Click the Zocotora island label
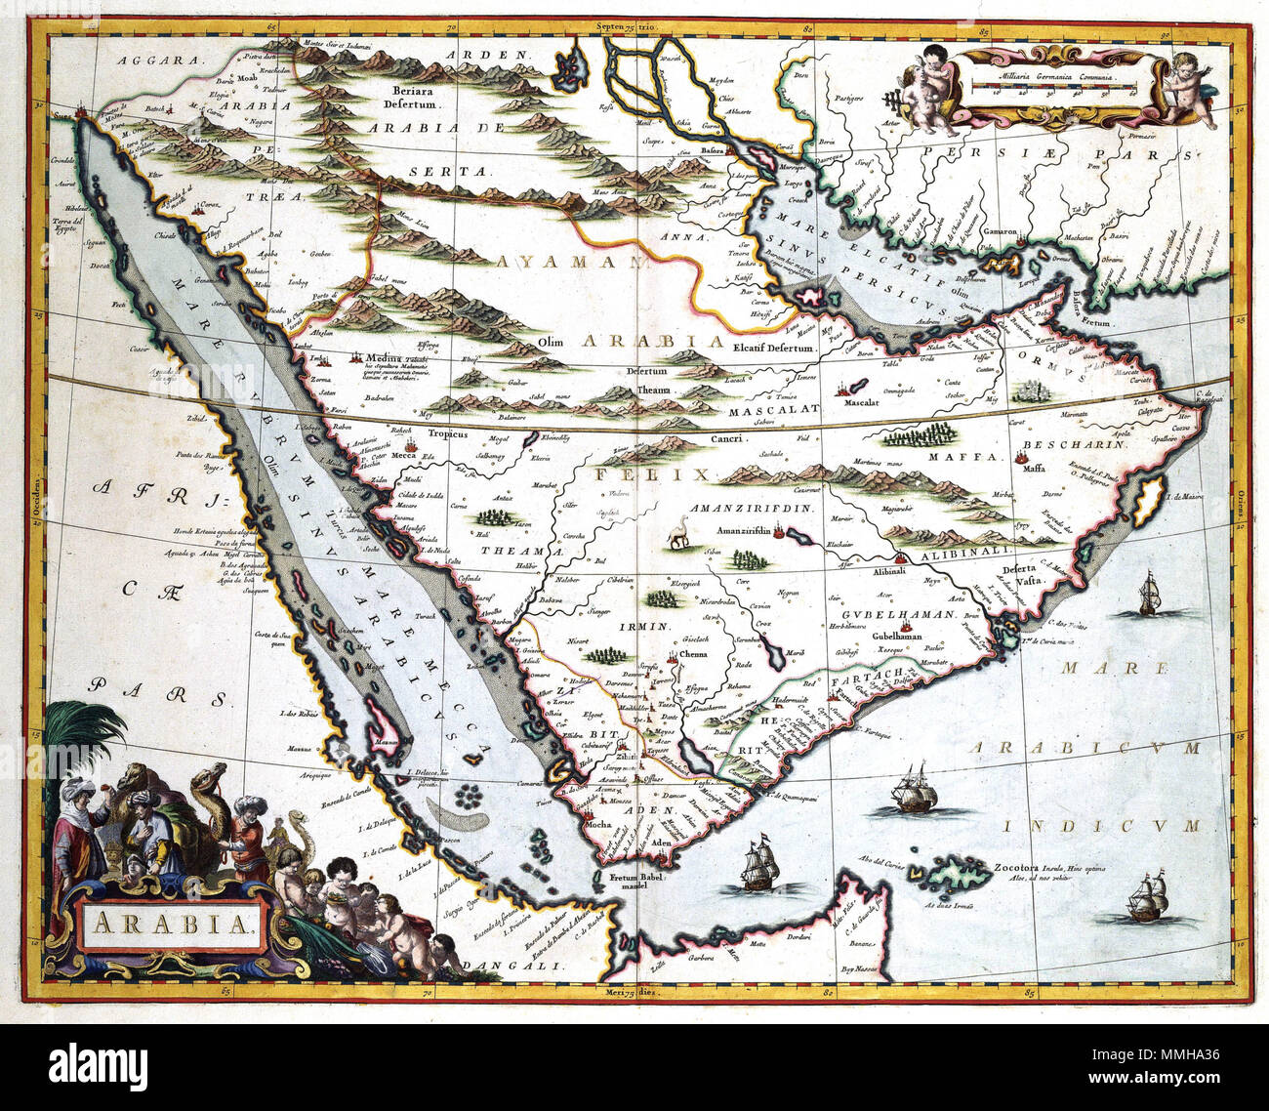(x=1036, y=864)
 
